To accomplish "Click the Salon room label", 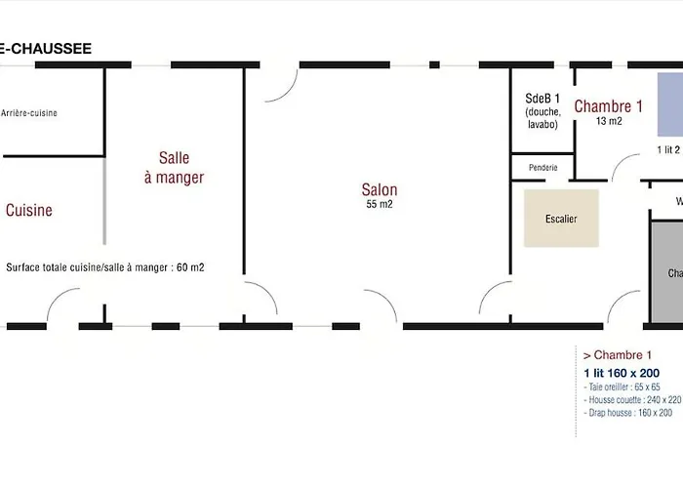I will click(380, 190).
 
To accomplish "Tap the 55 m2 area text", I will click(380, 205).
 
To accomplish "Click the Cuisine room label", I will click(29, 210).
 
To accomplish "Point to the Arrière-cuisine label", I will click(29, 113).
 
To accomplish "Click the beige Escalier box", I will click(561, 219).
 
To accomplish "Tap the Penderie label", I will click(543, 168).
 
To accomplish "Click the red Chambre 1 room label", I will click(608, 106).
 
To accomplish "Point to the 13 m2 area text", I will click(609, 122).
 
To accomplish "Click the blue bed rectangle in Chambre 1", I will click(669, 103).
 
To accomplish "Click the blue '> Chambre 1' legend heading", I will click(617, 356).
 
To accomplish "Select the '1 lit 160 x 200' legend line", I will click(622, 374).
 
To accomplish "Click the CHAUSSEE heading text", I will click(46, 48).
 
